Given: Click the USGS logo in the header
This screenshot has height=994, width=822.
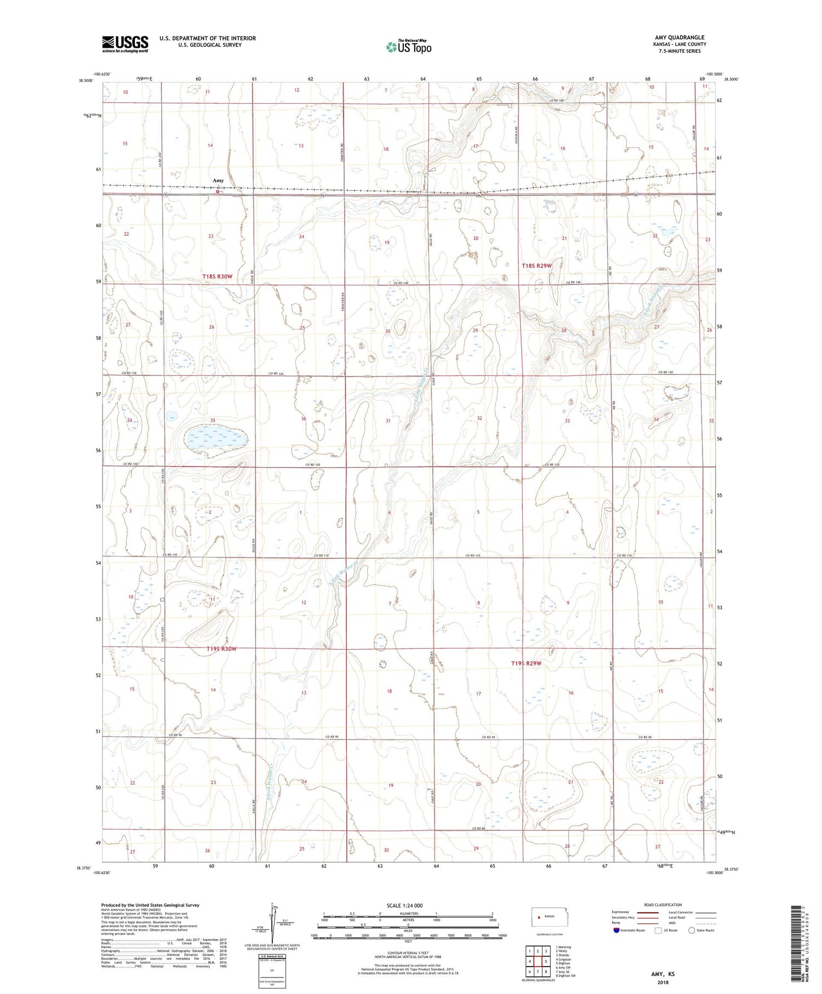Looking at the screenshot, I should pos(125,44).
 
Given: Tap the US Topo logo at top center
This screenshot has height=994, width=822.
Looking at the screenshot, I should pos(408,47).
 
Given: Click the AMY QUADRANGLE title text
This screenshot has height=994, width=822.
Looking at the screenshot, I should pos(679,38).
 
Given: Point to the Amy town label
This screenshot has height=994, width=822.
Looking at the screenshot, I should pos(218,180).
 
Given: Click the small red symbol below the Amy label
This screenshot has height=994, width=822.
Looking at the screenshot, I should pos(218,191).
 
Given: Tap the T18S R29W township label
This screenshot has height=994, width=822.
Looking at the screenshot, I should pos(536,266).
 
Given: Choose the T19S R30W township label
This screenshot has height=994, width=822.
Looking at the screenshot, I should pos(221,649).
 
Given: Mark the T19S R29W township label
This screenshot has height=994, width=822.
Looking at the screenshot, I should pos(526,663).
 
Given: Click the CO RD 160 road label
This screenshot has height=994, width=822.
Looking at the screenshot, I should pos(557,101).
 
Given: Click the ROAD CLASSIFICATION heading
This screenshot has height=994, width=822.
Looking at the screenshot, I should pos(663,905).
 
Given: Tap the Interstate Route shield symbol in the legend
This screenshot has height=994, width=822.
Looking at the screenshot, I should pos(616,930).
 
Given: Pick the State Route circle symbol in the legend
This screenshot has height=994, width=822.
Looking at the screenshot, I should pos(692,930).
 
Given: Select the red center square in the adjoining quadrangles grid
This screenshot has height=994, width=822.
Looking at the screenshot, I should pos(538,962).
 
